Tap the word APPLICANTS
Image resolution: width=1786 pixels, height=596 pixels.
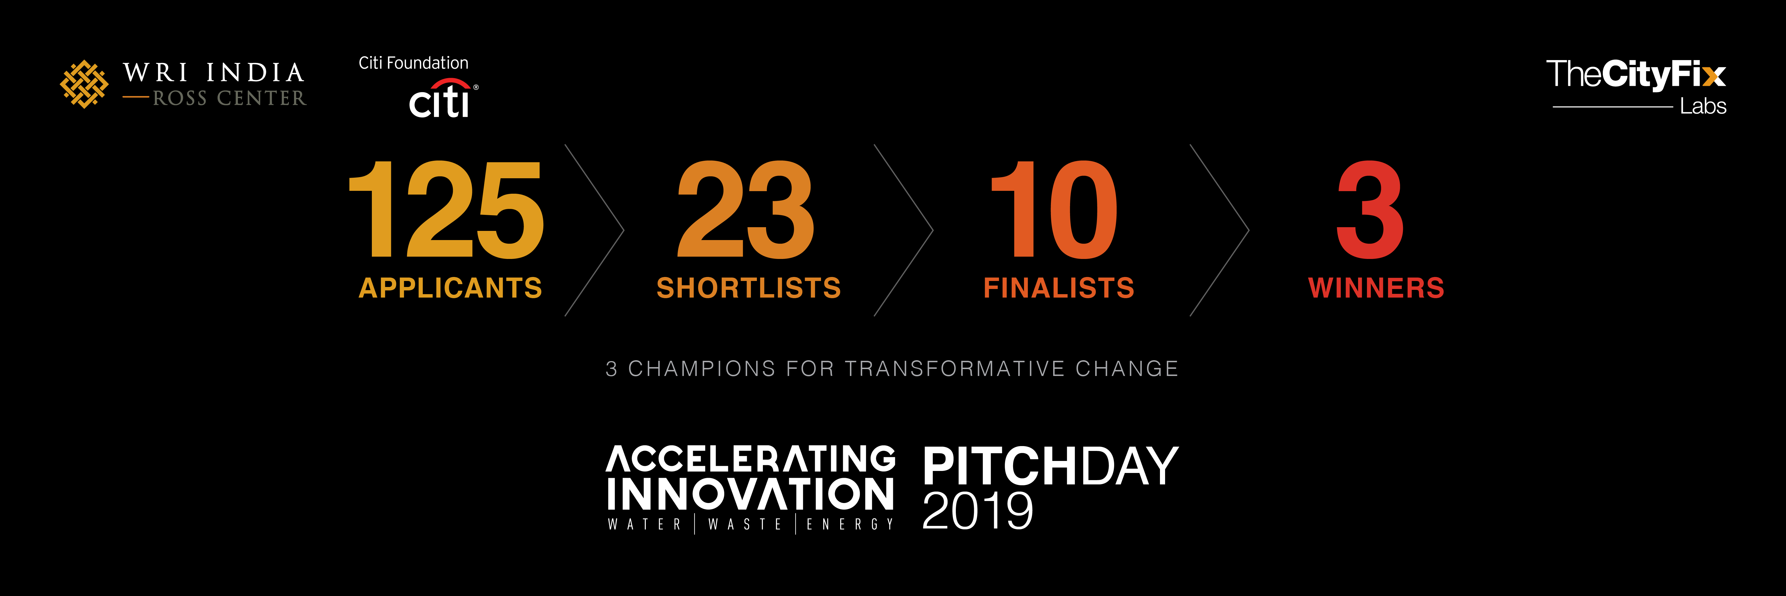(450, 288)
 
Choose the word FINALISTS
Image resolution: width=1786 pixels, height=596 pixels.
(1059, 288)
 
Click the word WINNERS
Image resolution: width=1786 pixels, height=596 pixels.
(1376, 288)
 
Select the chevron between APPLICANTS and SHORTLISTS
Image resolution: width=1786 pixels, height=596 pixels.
(623, 230)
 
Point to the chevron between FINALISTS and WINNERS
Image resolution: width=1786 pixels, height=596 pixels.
(1248, 230)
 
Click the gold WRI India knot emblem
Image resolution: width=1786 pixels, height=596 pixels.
(84, 84)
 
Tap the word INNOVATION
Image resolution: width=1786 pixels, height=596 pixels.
(750, 494)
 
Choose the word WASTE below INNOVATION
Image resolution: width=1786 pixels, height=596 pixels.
(745, 525)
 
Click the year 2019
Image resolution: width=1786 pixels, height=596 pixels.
(978, 511)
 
